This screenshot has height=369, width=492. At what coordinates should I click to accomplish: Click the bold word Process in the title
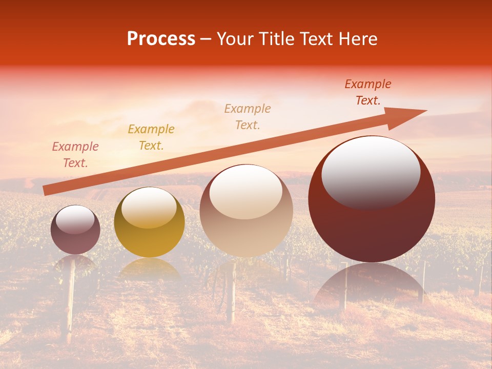(161, 39)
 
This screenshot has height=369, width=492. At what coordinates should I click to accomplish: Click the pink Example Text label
(75, 155)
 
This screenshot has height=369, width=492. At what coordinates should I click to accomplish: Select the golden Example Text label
(151, 137)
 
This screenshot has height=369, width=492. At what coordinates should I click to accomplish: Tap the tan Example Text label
(248, 116)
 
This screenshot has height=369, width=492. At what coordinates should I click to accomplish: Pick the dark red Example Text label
(368, 92)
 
